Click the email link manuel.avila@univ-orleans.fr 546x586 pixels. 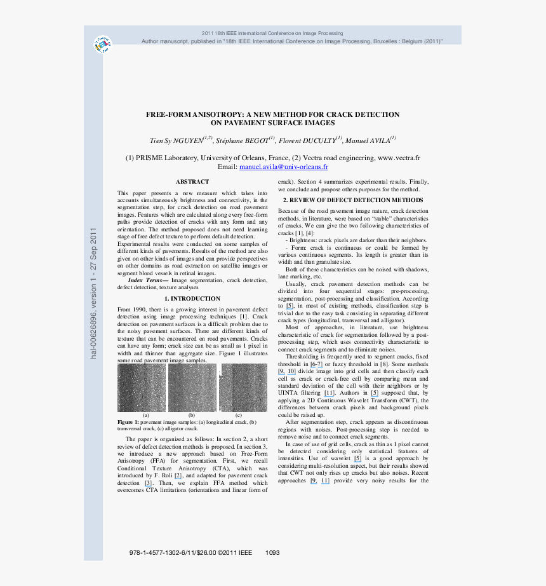[283, 167]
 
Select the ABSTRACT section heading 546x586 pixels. [192, 182]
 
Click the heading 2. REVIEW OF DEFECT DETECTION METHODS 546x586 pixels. [352, 200]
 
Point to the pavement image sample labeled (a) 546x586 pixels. [141, 387]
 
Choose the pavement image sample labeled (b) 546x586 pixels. [192, 387]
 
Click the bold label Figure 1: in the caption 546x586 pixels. [128, 422]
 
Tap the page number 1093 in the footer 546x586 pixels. [272, 552]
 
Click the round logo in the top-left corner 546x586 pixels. [103, 44]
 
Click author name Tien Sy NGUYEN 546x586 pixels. [176, 140]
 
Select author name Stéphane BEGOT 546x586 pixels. [242, 140]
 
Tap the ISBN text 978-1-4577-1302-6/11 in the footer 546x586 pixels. [160, 552]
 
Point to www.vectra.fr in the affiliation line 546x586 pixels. [399, 157]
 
